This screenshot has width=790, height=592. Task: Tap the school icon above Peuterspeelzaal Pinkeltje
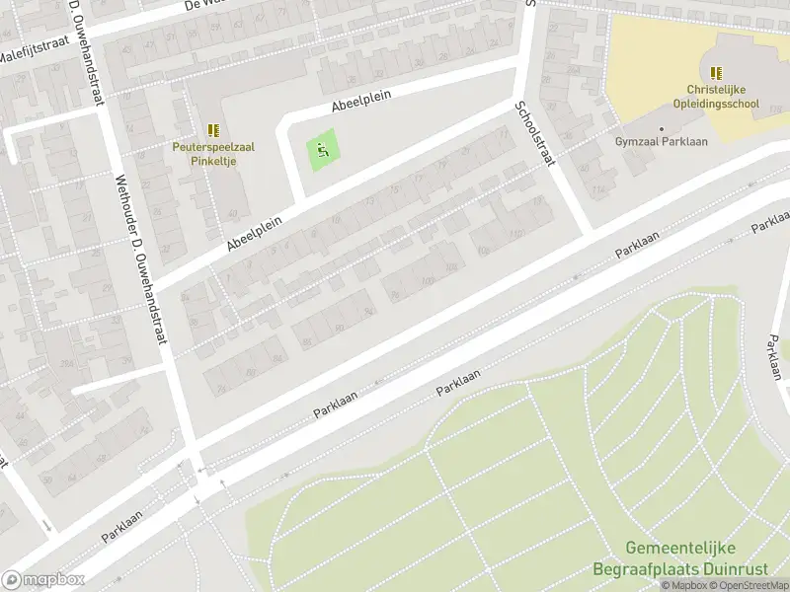213,130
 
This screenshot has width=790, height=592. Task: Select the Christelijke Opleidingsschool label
716,96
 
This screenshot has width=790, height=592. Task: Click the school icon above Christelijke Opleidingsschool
716,72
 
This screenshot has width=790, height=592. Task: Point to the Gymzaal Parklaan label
662,142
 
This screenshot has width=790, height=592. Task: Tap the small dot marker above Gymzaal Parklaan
662,128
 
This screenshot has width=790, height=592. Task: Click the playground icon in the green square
323,151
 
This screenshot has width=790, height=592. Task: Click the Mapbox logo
43,580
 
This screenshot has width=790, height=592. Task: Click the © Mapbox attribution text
683,585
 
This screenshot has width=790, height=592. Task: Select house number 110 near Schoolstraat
516,235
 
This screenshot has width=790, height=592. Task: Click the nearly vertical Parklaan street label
773,356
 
